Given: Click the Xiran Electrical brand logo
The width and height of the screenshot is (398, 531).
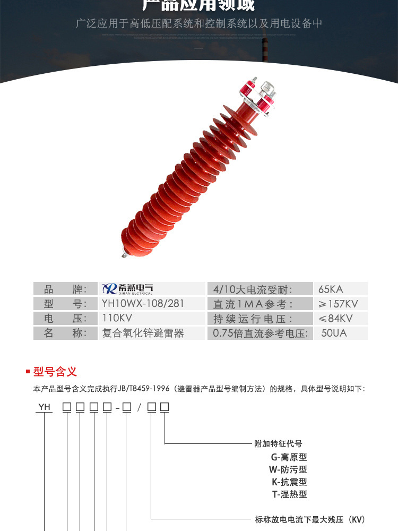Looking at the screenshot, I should pos(127,288).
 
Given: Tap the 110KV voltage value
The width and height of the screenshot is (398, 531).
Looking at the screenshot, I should pos(117,318).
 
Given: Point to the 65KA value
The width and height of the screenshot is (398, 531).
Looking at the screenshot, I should pos(331,289).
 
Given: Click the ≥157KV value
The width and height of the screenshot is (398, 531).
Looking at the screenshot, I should pos(338,304).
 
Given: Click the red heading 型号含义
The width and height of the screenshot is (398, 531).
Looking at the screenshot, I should pos(55,371).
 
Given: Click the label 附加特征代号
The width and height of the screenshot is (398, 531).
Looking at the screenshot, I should pos(278,443).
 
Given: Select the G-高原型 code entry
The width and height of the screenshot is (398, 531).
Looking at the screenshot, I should pos(289,457).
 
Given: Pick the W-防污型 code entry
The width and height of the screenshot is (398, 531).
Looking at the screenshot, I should pos(288,469).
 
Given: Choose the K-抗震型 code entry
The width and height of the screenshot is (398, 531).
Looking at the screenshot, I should pos(289,482).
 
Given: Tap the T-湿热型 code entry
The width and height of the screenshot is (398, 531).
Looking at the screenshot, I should pos(289,494).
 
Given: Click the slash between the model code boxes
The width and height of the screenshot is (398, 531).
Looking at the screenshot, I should pos(140,408).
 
